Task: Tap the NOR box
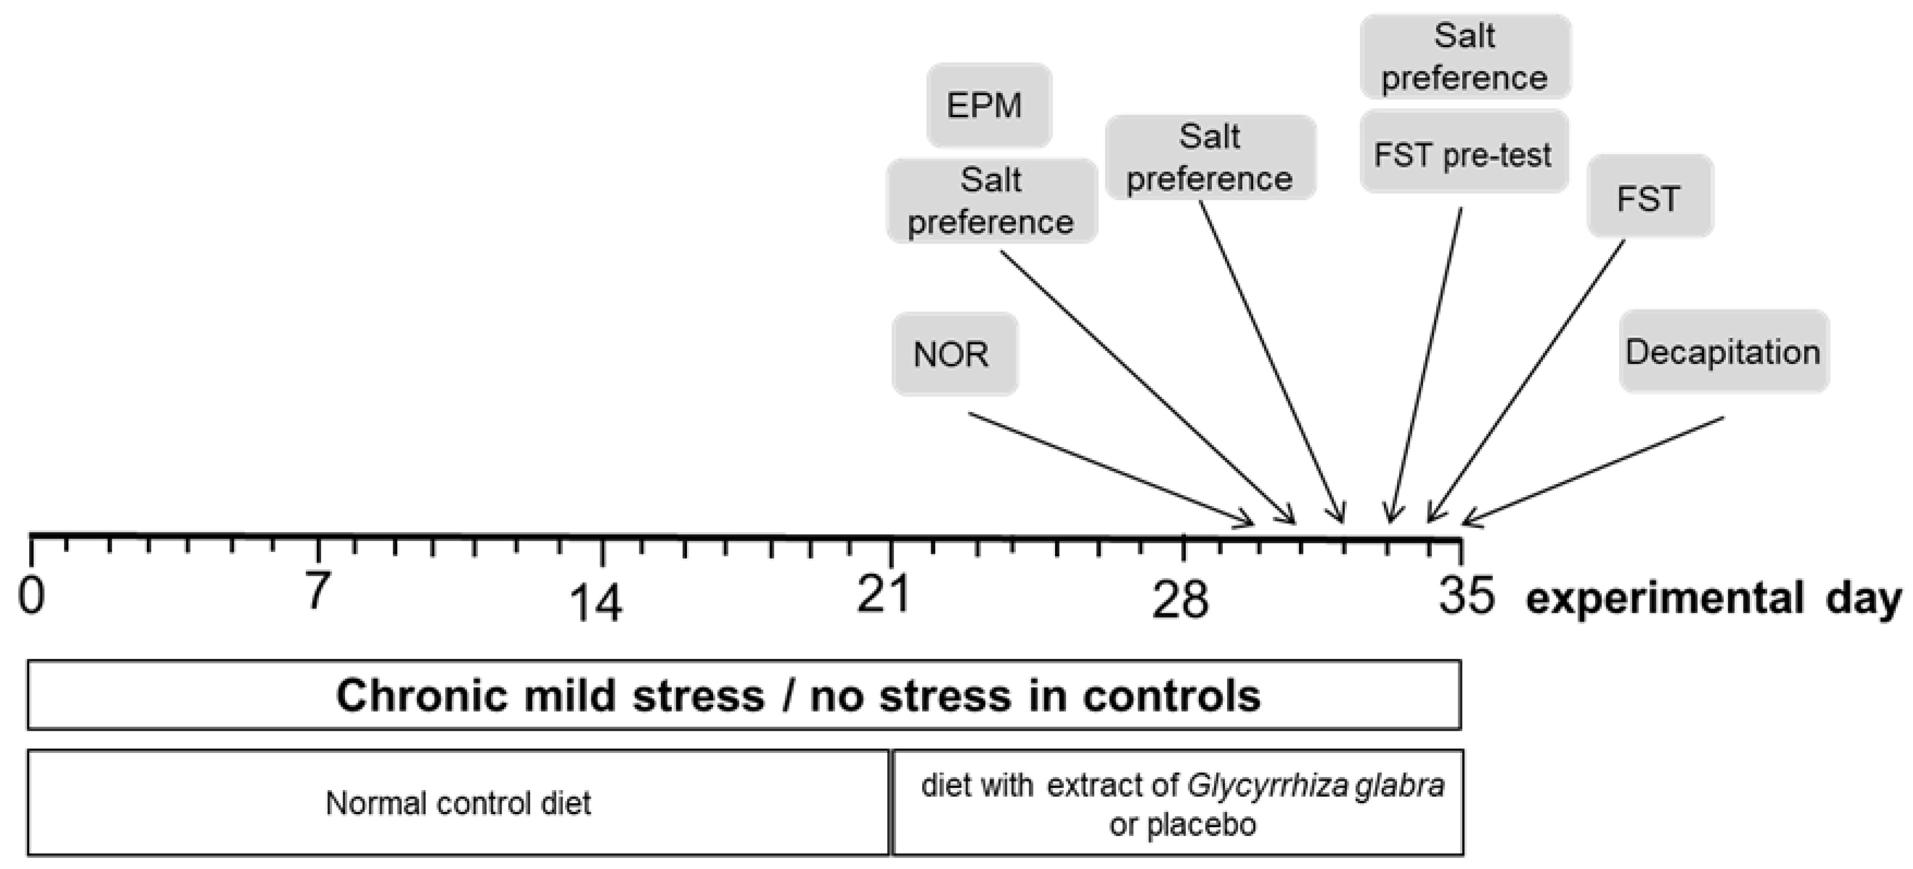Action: coord(954,355)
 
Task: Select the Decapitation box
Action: coord(1723,351)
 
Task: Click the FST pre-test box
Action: coord(1463,154)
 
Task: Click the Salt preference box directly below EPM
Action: coord(991,201)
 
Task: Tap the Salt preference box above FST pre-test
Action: coord(1464,56)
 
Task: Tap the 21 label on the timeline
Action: coord(883,594)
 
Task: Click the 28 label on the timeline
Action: coord(1180,600)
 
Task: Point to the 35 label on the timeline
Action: coord(1467,596)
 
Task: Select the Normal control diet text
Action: coord(458,804)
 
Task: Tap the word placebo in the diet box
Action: coord(1201,825)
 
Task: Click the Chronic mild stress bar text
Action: coord(798,696)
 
